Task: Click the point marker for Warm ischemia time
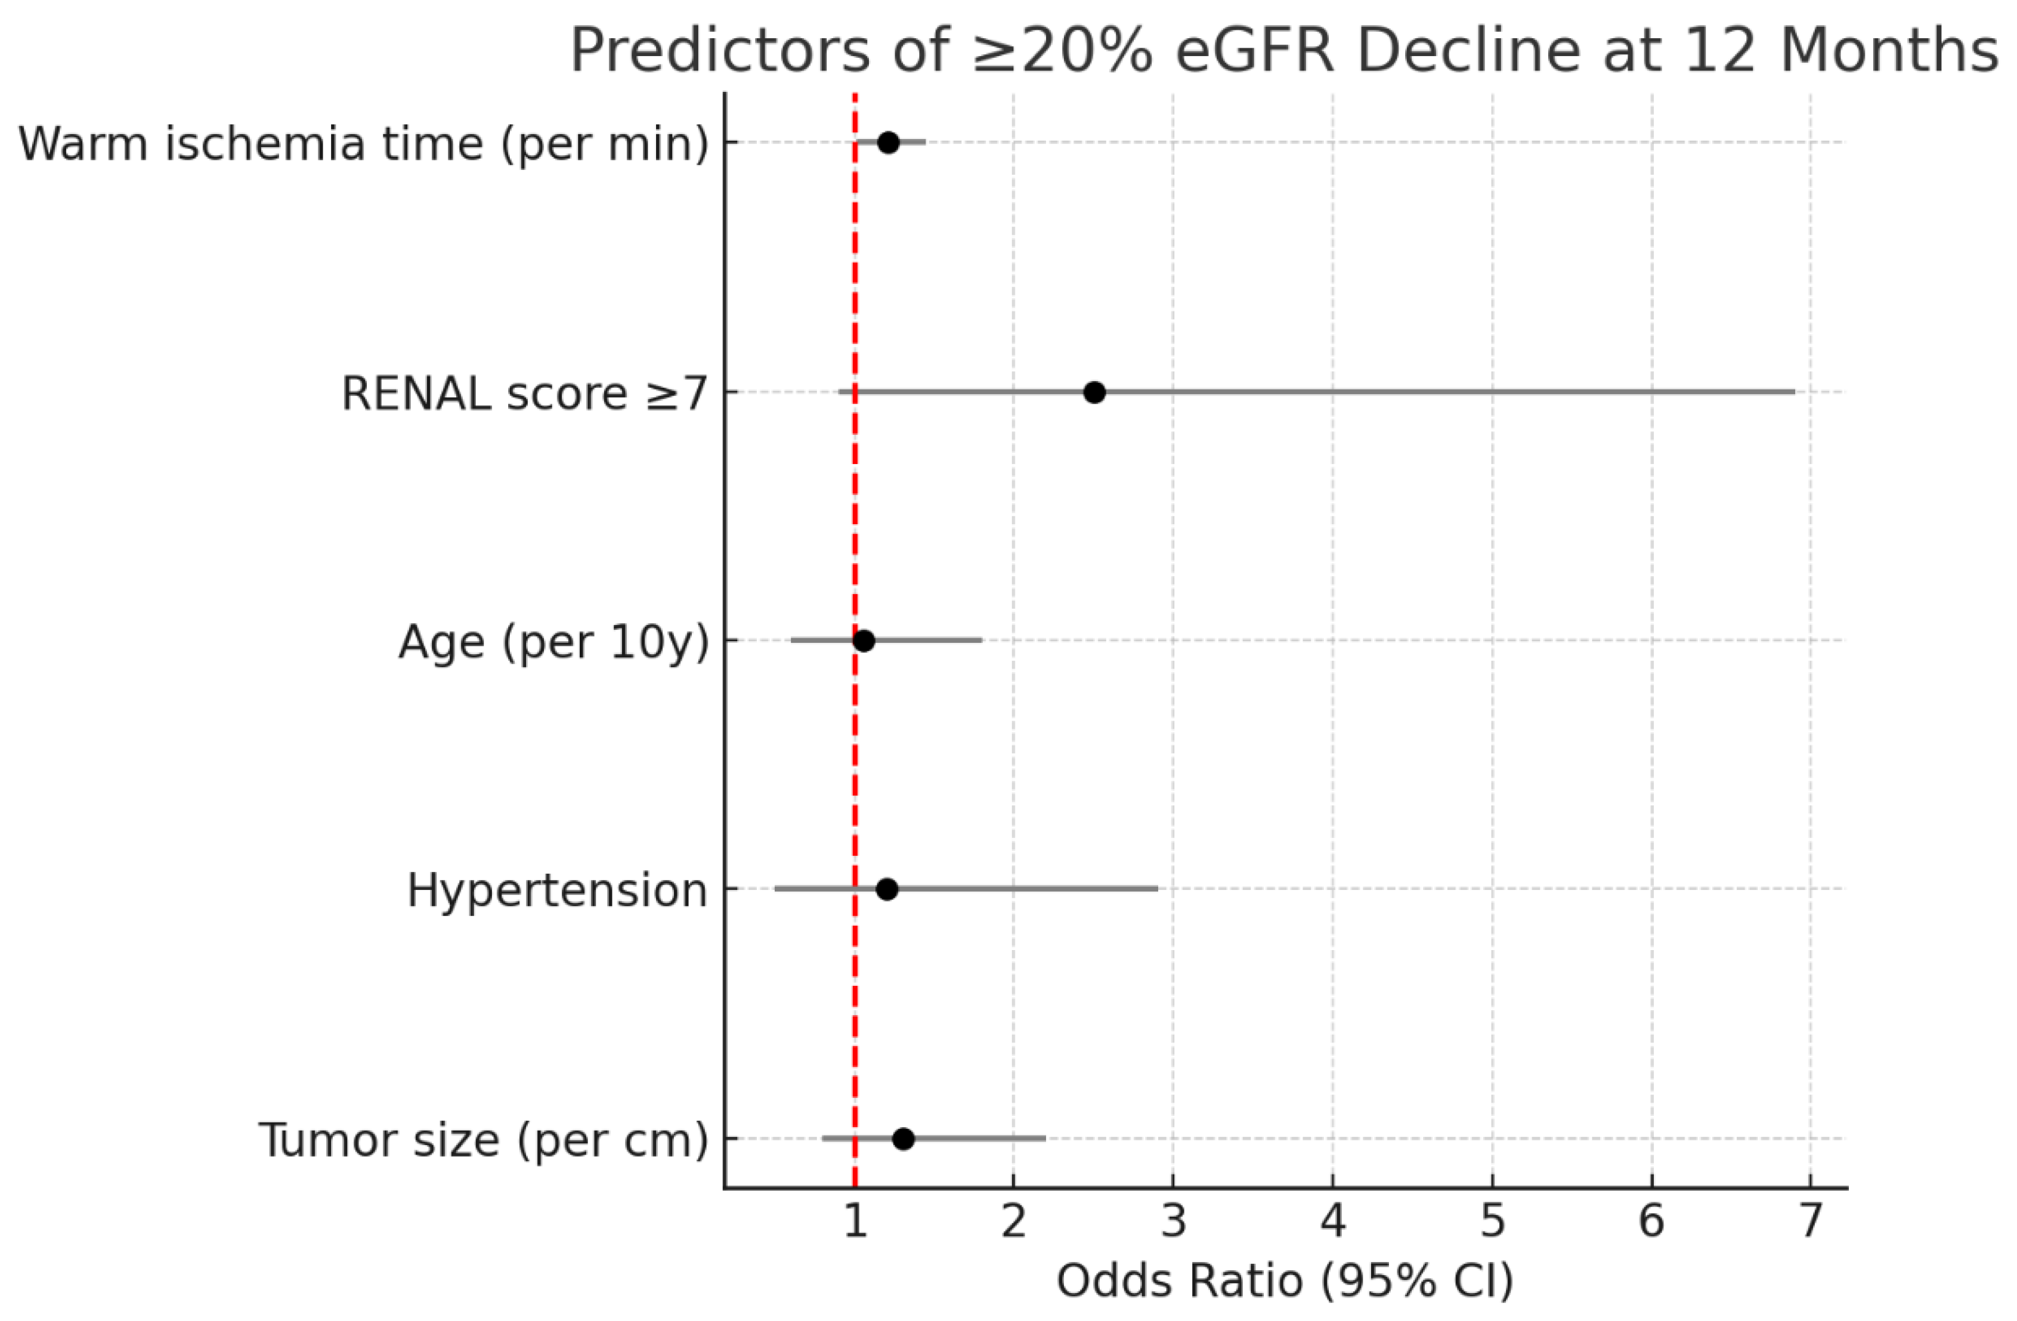[887, 143]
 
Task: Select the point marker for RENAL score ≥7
[1094, 392]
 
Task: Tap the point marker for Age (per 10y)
[864, 641]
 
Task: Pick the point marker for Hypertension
[886, 889]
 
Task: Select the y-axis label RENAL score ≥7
[524, 394]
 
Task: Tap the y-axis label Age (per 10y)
[553, 642]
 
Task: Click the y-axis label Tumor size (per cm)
[483, 1140]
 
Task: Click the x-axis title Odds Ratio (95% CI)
[1284, 1280]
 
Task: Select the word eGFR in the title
[1260, 51]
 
